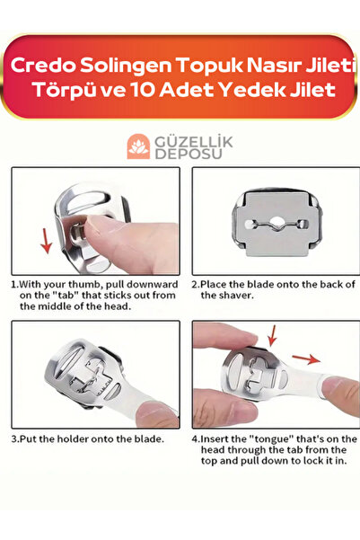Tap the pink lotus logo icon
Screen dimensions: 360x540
[x=138, y=146]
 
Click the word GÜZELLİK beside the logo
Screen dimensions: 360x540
[x=194, y=142]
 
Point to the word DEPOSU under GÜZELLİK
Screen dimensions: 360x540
[x=189, y=154]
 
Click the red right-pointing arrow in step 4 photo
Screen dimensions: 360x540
[x=306, y=359]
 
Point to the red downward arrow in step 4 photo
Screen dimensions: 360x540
[x=272, y=335]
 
